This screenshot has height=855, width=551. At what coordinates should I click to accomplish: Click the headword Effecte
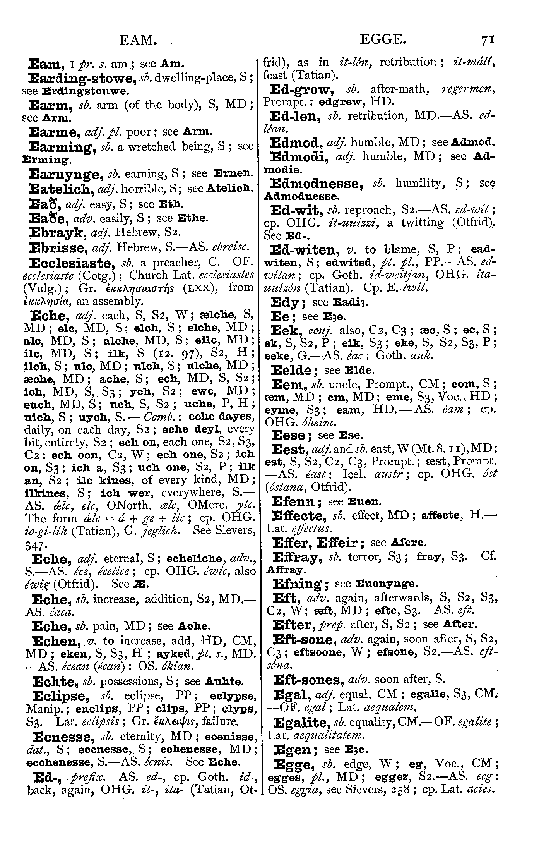click(298, 516)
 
